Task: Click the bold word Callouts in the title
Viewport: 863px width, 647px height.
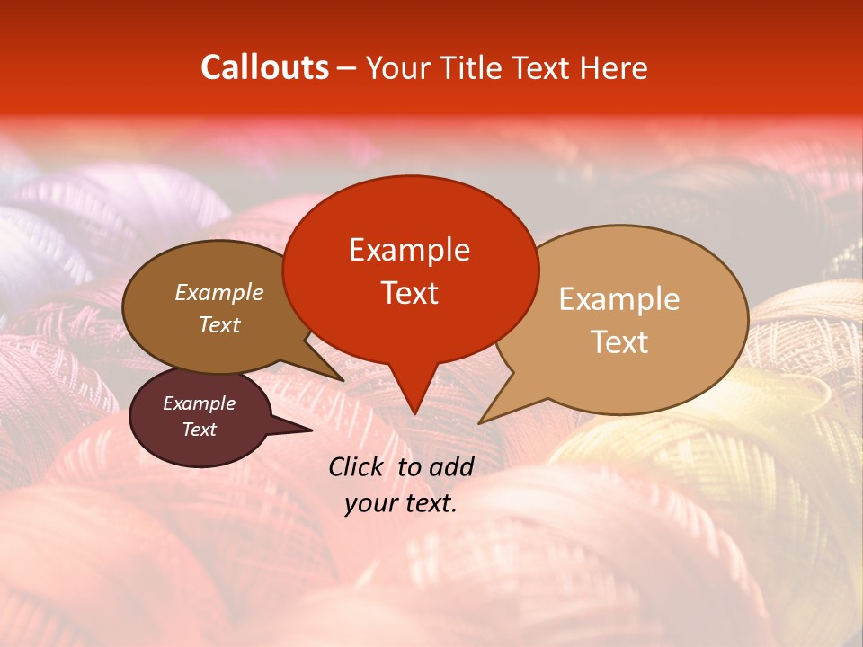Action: coord(264,67)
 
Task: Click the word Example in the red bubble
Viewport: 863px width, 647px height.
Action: coord(409,250)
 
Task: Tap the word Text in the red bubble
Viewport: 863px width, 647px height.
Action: coord(409,293)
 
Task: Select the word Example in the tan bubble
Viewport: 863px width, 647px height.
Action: coord(619,299)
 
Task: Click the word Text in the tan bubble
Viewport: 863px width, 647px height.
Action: coord(619,342)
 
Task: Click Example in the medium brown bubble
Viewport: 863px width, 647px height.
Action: coord(219,292)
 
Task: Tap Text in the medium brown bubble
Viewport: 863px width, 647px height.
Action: coord(219,324)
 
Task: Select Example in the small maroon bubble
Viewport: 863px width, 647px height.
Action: coord(199,403)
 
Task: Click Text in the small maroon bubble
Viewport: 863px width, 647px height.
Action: coord(199,430)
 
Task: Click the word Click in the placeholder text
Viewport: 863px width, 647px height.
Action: coord(359,466)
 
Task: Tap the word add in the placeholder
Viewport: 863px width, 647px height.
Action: coord(451,466)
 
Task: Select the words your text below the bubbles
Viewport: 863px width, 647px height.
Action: coord(401,503)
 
